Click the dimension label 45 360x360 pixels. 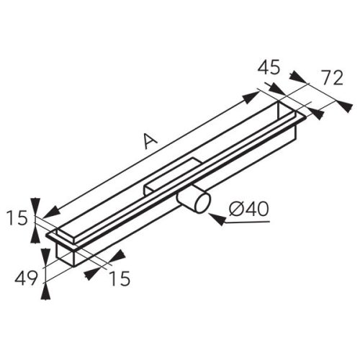pos(269,68)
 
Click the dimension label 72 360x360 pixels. pos(332,78)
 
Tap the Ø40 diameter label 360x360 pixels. pos(248,209)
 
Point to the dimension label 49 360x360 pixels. pos(26,279)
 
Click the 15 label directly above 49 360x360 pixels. pos(17,218)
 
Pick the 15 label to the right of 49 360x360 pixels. pos(120,279)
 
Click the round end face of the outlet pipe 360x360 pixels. pos(203,203)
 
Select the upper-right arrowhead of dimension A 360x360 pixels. pos(250,98)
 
